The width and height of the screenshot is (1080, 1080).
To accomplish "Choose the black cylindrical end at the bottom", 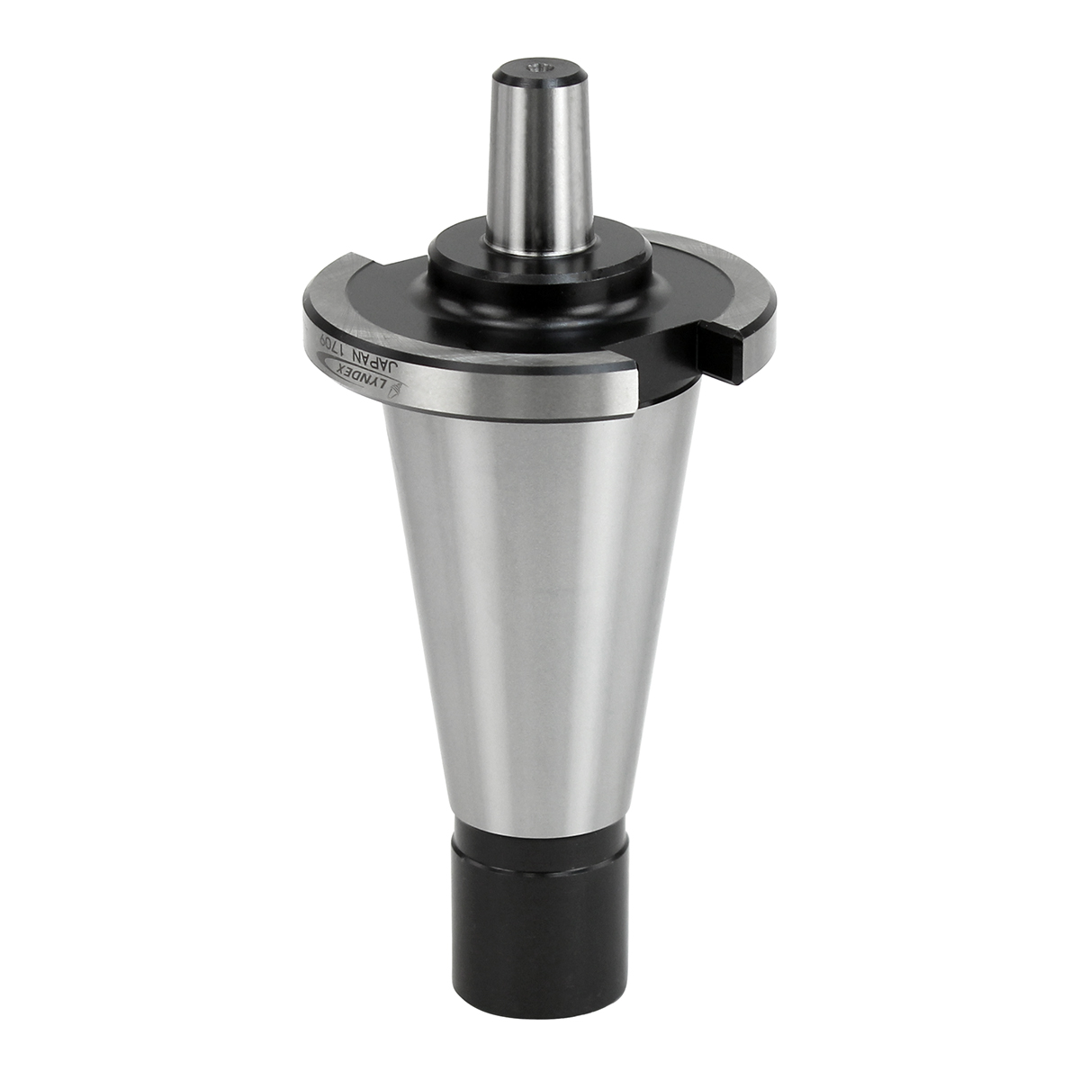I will (x=538, y=927).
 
